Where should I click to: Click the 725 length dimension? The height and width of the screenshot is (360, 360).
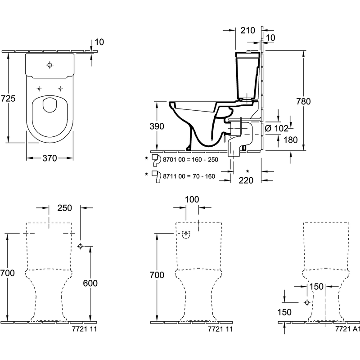(8, 99)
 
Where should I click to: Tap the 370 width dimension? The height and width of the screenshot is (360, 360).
(49, 158)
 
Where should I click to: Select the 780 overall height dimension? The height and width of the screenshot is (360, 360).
(303, 101)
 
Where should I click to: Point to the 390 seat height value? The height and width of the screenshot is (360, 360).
(157, 126)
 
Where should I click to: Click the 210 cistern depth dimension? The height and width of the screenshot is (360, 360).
(248, 30)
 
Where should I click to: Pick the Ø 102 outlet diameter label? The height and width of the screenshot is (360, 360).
(276, 128)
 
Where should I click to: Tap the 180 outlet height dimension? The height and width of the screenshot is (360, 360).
(290, 139)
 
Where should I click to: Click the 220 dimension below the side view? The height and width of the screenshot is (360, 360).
(246, 180)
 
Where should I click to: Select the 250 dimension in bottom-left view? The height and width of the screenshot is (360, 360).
(64, 208)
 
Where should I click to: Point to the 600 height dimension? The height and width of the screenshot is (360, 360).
(90, 283)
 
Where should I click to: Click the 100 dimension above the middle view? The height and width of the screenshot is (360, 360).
(192, 199)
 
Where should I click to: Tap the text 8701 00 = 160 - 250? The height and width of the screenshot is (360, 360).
(190, 159)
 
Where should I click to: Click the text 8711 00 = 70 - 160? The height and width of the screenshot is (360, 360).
(189, 176)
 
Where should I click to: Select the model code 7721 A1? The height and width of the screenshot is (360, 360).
(347, 329)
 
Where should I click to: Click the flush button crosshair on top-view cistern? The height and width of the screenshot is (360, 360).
(50, 65)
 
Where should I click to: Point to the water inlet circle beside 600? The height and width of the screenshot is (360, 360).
(80, 246)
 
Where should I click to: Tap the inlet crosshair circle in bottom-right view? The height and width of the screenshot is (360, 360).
(307, 302)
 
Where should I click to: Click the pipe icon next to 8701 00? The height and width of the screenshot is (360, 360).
(156, 160)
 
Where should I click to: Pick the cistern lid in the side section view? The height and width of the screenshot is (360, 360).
(248, 54)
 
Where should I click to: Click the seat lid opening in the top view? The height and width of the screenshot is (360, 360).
(49, 105)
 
